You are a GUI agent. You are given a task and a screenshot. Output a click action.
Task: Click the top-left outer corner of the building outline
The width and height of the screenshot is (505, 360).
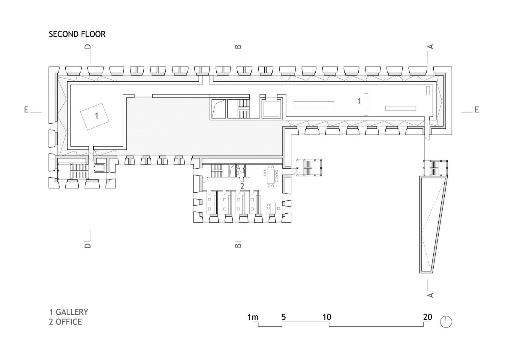coord(49,67)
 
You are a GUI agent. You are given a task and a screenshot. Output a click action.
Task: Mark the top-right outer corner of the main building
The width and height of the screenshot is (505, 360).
coord(452,67)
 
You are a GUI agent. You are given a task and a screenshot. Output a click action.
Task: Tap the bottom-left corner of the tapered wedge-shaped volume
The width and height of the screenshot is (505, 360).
coord(419,273)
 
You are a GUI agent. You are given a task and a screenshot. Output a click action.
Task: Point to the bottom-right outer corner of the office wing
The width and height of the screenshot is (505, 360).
coord(291,223)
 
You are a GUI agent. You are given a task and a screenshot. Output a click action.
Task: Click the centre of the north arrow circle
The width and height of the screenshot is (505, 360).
coord(446,322)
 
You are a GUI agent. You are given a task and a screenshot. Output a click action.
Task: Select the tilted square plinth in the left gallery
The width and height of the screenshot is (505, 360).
coord(95,116)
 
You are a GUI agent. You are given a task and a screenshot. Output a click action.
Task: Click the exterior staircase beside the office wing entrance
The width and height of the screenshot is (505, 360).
coord(309,168)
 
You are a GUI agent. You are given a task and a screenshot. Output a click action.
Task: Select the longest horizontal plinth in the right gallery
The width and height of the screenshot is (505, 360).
coord(314,105)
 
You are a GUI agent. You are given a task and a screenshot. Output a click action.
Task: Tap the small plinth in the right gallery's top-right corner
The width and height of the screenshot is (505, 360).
coord(428,90)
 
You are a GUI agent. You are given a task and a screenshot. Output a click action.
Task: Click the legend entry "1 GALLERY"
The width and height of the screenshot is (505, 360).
coord(69,312)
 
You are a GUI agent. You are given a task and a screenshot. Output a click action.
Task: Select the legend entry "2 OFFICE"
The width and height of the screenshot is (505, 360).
coord(65,322)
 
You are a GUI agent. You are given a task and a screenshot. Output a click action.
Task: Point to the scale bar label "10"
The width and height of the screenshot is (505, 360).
coord(327,317)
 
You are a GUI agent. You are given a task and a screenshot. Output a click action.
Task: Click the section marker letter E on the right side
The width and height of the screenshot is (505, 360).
coord(476,110)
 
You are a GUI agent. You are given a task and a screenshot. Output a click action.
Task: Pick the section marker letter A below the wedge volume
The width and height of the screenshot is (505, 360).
coord(430,295)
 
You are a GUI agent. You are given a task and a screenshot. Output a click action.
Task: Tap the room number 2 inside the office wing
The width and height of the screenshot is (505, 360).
coord(242,186)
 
